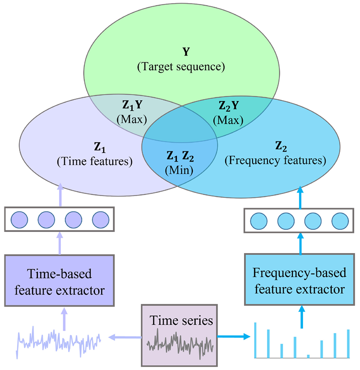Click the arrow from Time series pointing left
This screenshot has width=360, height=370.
point(126,337)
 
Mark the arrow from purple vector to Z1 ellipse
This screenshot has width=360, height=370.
point(60,195)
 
